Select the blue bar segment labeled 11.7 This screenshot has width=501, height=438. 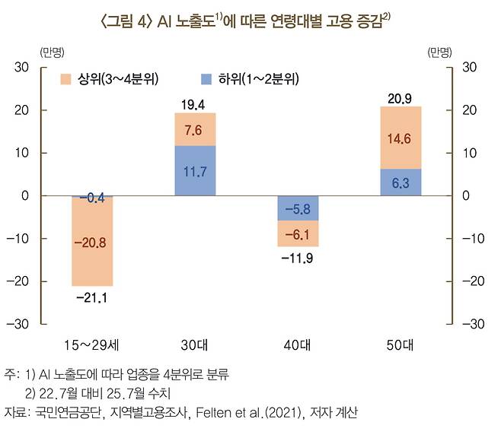coord(195,170)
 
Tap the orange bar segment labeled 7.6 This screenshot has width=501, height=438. coord(195,129)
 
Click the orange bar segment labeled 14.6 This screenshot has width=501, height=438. coord(400,138)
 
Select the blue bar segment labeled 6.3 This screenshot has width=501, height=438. coord(400,182)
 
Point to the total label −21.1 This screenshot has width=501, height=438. coord(92,297)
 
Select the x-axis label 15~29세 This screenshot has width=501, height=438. coord(92,344)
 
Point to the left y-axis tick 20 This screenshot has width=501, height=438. coord(22,110)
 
